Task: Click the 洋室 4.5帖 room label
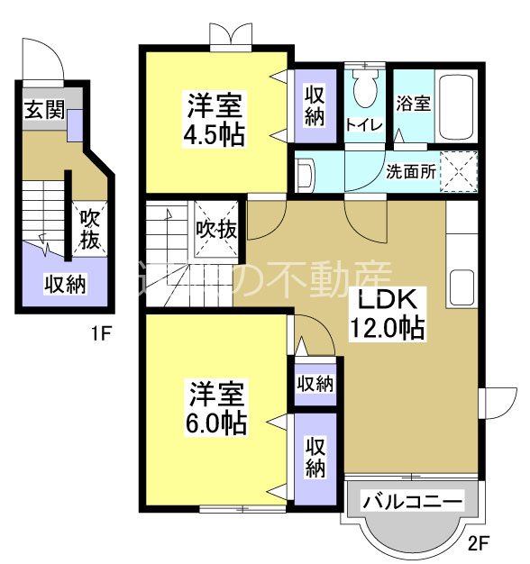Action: (x=215, y=119)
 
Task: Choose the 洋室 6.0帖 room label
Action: (x=216, y=409)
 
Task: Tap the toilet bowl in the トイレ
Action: (x=365, y=90)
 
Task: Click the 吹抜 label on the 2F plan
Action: (x=217, y=229)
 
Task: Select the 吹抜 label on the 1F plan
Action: (x=89, y=229)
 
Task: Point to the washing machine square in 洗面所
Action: (x=457, y=170)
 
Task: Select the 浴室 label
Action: (x=413, y=102)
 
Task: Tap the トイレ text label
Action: (x=365, y=125)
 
